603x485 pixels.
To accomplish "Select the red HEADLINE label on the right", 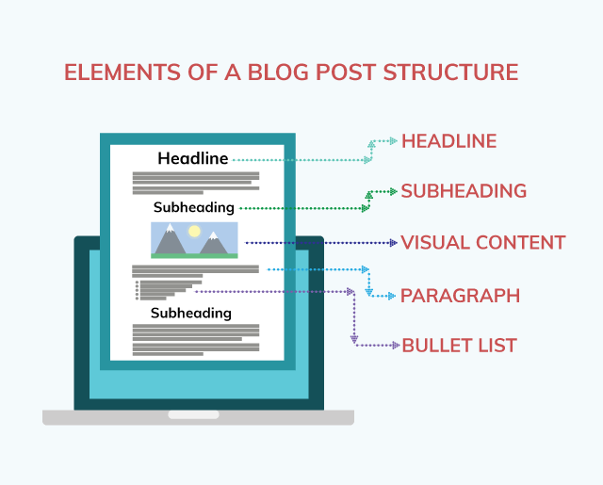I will point(448,141).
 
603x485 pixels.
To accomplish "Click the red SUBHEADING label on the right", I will point(464,191).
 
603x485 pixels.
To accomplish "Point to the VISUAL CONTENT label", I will point(482,243).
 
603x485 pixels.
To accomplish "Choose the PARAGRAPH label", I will point(460,296).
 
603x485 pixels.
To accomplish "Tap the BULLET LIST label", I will point(460,346).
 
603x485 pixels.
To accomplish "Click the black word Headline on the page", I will point(193,158).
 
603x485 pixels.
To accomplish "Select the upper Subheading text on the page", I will point(194,206).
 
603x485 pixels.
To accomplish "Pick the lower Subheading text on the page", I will point(191,313).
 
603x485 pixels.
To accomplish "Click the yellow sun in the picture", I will point(195,231).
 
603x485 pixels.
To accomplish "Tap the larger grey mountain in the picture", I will point(171,242).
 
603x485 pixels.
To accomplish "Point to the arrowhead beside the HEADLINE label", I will point(393,141).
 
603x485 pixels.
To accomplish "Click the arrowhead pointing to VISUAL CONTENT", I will point(393,243).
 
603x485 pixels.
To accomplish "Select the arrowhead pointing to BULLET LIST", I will point(395,346).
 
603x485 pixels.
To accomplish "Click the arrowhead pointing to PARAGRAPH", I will point(393,296).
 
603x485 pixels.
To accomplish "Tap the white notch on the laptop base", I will point(193,414).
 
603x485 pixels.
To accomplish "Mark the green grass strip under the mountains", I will point(194,255).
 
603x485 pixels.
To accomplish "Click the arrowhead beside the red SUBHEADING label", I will point(392,191).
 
